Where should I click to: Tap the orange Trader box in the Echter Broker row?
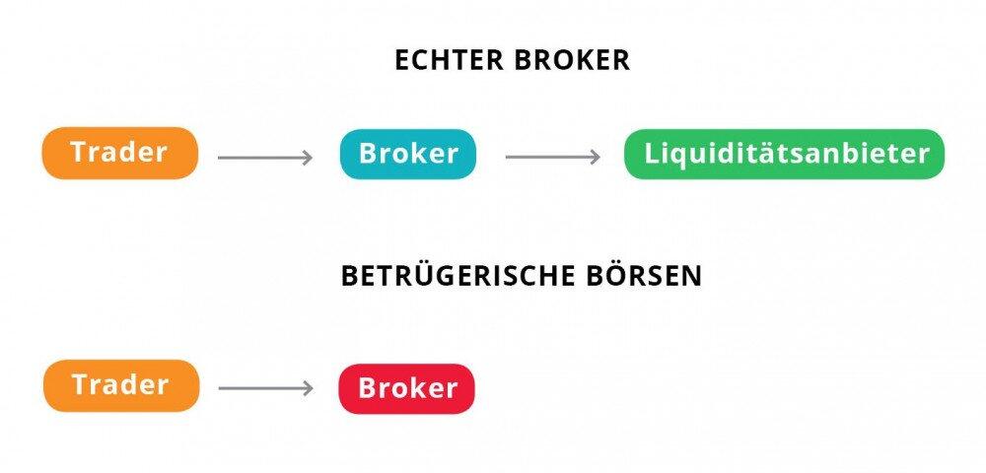coord(119,153)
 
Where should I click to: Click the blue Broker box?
coord(408,154)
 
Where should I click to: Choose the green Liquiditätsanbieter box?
coord(785,154)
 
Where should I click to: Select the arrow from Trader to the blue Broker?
coord(264,157)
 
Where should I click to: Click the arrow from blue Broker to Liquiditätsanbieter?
coord(552,157)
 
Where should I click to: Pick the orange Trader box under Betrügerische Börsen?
coord(120,385)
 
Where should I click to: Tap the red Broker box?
coord(407,388)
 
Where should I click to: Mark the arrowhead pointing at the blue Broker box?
coord(307,157)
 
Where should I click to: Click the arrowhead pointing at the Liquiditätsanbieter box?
coord(595,157)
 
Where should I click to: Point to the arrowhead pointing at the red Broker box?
coord(308,388)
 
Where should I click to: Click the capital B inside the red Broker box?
coord(368,388)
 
